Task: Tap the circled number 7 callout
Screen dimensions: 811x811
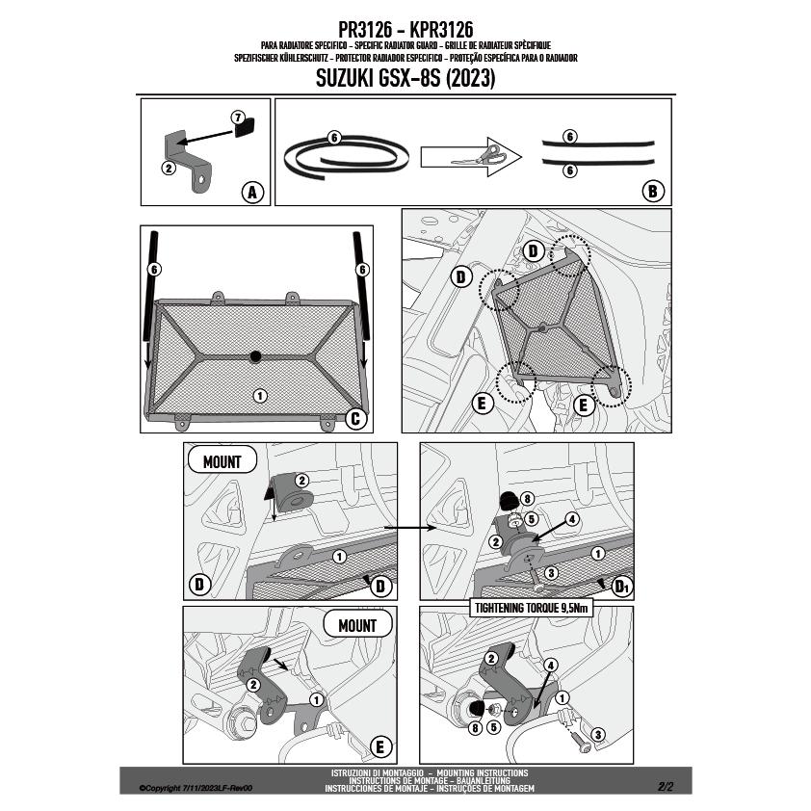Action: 237,118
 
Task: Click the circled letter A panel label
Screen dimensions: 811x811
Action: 252,193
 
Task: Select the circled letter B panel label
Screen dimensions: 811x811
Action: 653,192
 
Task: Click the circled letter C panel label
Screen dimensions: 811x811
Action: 355,418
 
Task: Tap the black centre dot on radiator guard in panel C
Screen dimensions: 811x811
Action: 255,356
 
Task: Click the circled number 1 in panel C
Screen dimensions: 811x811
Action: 260,396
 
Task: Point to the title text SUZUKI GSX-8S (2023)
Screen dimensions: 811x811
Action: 405,78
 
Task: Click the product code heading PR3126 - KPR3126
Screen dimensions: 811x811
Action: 405,29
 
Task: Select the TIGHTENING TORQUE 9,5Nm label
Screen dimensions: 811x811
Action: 531,608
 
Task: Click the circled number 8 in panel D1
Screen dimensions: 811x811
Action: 527,499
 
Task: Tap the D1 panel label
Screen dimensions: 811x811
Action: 621,587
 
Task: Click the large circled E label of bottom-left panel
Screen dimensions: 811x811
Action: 380,746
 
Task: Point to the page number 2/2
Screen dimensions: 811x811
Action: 666,787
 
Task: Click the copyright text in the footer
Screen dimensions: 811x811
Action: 196,788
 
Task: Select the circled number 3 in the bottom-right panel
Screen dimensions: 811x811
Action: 598,735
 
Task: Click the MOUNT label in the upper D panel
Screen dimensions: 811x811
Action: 222,460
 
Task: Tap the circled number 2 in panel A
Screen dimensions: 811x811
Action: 169,168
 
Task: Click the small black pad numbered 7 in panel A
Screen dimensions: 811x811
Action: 245,128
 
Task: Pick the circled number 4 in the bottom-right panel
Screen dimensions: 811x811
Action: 550,666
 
